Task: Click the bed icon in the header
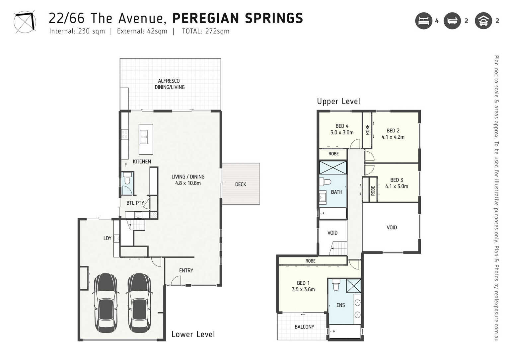pos(424,21)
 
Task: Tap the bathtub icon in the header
pos(452,21)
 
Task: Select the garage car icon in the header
pos(483,21)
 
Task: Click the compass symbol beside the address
pos(25,22)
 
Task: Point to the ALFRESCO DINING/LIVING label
pos(170,84)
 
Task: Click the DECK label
pos(241,184)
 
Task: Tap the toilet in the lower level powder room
pos(127,178)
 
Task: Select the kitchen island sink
pos(143,137)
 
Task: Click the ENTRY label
pos(186,270)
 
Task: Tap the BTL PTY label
pos(135,203)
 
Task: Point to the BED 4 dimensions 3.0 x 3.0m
pos(342,132)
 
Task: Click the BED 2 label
pos(393,131)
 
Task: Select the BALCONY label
pos(305,327)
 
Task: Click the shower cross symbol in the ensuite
pos(354,286)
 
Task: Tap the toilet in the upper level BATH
pos(325,182)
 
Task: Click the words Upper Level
pos(338,101)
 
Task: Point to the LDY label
pos(107,238)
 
